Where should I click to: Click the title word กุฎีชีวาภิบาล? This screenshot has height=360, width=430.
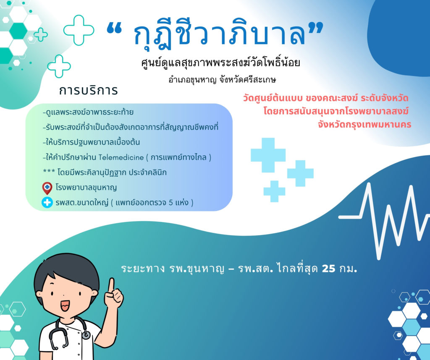click(219, 32)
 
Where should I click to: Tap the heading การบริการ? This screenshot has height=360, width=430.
click(88, 90)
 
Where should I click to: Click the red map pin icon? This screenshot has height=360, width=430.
click(47, 188)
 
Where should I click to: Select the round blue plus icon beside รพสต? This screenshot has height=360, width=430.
click(47, 203)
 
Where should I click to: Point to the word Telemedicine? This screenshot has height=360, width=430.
click(121, 157)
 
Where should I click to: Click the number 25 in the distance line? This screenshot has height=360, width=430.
click(328, 269)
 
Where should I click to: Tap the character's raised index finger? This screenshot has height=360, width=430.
click(111, 286)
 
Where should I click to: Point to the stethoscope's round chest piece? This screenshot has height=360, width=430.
click(86, 334)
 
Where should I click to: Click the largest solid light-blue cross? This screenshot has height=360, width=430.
click(268, 155)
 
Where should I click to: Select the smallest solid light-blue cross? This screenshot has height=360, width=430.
click(274, 191)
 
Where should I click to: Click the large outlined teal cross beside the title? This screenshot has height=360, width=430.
click(79, 30)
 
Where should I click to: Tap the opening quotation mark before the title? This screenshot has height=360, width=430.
click(114, 29)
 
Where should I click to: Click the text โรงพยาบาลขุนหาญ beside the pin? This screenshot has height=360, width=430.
click(86, 188)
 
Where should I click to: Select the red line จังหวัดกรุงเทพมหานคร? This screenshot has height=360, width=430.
click(364, 125)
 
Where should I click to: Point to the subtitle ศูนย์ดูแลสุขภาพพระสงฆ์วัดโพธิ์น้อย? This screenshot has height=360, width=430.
click(220, 63)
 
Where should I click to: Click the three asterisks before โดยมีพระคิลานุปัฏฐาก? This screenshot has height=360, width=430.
click(49, 171)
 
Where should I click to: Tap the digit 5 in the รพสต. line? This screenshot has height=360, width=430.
click(170, 203)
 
